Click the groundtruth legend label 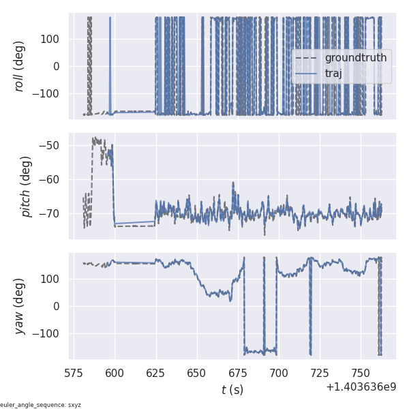(x=355, y=58)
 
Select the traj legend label (x=333, y=73)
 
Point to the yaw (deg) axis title (x=20, y=306)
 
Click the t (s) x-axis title (x=232, y=390)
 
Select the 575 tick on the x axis (x=74, y=373)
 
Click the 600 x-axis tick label (x=115, y=373)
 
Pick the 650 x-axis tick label (x=197, y=373)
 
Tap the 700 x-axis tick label (x=279, y=373)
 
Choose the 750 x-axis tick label (x=361, y=373)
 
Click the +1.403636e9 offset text (x=361, y=387)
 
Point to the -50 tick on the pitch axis (x=53, y=145)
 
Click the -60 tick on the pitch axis (x=53, y=179)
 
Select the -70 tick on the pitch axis (x=53, y=213)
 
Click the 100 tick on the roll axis (x=52, y=39)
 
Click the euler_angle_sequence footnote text (x=41, y=405)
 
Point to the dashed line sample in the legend (x=307, y=58)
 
